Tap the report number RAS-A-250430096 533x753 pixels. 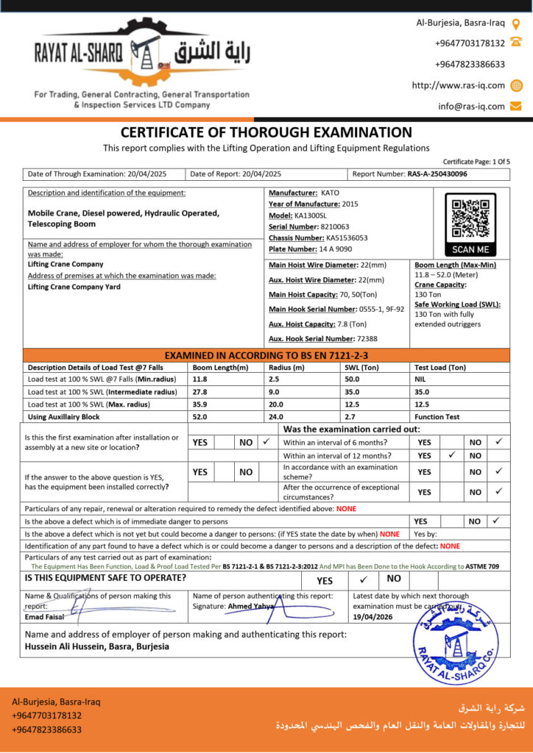[x=437, y=174]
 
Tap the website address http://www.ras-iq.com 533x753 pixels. [x=458, y=85]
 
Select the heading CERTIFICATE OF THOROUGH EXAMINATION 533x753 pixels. [x=266, y=132]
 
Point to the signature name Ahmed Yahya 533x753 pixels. [x=251, y=606]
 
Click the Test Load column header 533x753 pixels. [x=440, y=367]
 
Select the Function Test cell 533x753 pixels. [x=437, y=417]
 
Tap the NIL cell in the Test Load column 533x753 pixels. [x=421, y=379]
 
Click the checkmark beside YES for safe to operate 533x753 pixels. [x=363, y=579]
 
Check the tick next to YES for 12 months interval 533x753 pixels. [x=450, y=456]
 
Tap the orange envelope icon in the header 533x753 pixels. [x=516, y=106]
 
